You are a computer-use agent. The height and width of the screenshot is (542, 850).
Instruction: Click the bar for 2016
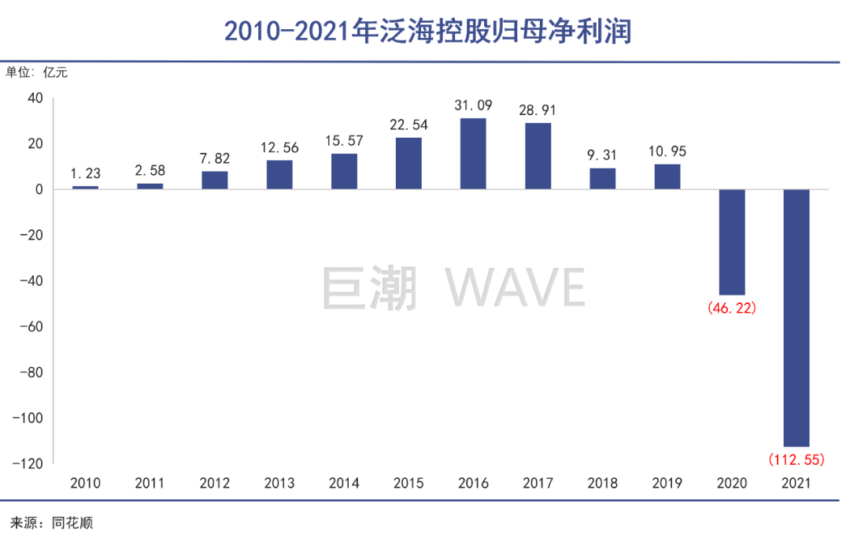(473, 154)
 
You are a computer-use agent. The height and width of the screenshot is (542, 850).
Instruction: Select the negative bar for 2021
(796, 318)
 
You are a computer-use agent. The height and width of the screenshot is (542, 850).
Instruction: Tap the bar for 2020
(732, 243)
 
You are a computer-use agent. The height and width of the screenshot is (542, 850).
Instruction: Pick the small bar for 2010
(86, 187)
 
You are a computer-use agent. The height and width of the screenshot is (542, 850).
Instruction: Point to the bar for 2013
(279, 175)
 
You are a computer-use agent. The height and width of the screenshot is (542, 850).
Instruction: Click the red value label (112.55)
(796, 458)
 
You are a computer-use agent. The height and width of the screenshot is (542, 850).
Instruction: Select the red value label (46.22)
(732, 308)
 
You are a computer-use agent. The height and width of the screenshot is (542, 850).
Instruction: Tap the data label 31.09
(473, 105)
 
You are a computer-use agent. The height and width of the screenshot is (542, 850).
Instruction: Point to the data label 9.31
(603, 154)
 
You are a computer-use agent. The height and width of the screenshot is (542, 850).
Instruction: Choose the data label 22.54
(408, 124)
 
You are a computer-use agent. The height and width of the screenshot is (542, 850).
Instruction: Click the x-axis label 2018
(603, 482)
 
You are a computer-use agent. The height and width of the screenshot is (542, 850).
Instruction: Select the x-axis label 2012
(215, 482)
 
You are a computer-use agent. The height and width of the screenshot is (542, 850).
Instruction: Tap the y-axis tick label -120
(27, 463)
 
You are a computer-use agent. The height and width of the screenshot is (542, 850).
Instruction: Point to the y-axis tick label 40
(35, 98)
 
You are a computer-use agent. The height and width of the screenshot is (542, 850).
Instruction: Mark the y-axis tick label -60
(30, 326)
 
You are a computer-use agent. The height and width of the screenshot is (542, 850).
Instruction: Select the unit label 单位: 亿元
(38, 73)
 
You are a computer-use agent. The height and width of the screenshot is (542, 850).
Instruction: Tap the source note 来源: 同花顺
(50, 522)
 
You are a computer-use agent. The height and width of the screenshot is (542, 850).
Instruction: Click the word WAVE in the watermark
(516, 288)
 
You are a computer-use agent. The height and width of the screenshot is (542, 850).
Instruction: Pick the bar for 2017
(538, 156)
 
